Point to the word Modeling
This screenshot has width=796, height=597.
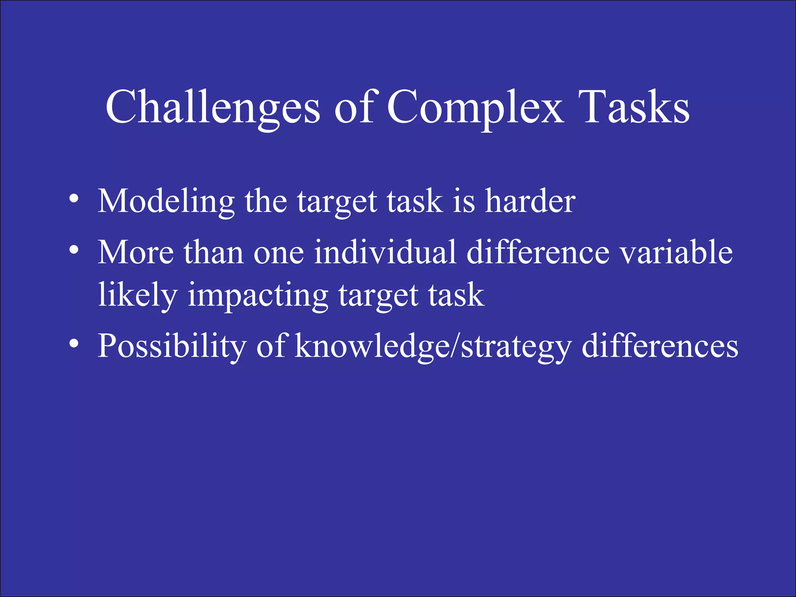(x=166, y=202)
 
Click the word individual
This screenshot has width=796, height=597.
(x=385, y=252)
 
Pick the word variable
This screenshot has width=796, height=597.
(x=676, y=252)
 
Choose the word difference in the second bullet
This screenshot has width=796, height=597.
(x=538, y=252)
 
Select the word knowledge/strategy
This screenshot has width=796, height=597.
(x=433, y=346)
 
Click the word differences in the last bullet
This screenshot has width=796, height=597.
(x=660, y=346)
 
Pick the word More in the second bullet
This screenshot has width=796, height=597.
(x=136, y=252)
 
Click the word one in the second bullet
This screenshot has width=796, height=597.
(x=278, y=253)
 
